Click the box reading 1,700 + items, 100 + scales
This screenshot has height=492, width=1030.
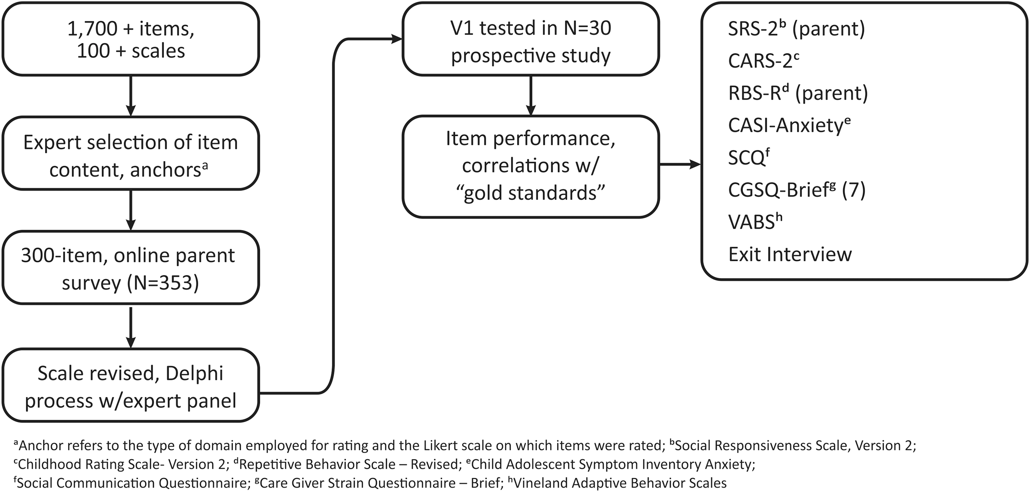click(x=131, y=39)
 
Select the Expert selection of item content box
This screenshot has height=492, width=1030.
click(x=131, y=153)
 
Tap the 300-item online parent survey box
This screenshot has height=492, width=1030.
click(x=131, y=268)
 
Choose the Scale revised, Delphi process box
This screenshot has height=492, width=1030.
click(x=131, y=385)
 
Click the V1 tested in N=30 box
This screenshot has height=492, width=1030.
click(x=531, y=39)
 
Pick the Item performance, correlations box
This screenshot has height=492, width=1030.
click(x=531, y=166)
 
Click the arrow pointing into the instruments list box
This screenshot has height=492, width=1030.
click(x=680, y=164)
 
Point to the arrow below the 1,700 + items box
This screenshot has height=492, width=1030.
click(x=131, y=96)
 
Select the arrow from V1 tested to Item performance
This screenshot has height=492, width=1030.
click(x=531, y=96)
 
